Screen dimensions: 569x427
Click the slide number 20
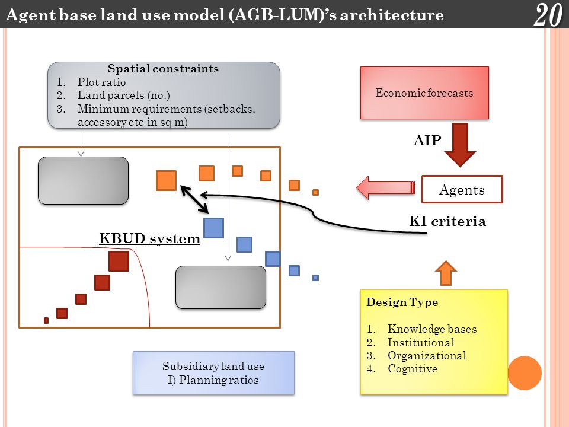click(548, 15)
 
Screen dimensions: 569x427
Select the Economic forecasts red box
click(424, 93)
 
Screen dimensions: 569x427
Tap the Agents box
click(462, 189)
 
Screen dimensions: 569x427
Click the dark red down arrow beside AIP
click(460, 145)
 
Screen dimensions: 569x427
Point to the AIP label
click(427, 140)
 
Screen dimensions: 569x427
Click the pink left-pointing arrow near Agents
click(386, 188)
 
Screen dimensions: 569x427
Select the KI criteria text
click(447, 221)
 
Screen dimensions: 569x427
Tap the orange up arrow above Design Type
click(446, 273)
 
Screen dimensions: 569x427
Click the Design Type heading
click(402, 302)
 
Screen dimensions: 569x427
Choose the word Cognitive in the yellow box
click(413, 368)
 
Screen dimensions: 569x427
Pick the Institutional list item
click(421, 342)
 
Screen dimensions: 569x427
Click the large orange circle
click(525, 373)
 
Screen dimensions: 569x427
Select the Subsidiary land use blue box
click(213, 373)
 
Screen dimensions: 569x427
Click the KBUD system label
click(149, 238)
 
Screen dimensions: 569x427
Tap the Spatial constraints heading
click(164, 69)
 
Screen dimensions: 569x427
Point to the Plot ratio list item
click(101, 82)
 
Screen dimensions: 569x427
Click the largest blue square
click(214, 228)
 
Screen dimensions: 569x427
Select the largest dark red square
click(119, 261)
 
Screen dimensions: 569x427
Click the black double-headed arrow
click(194, 199)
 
